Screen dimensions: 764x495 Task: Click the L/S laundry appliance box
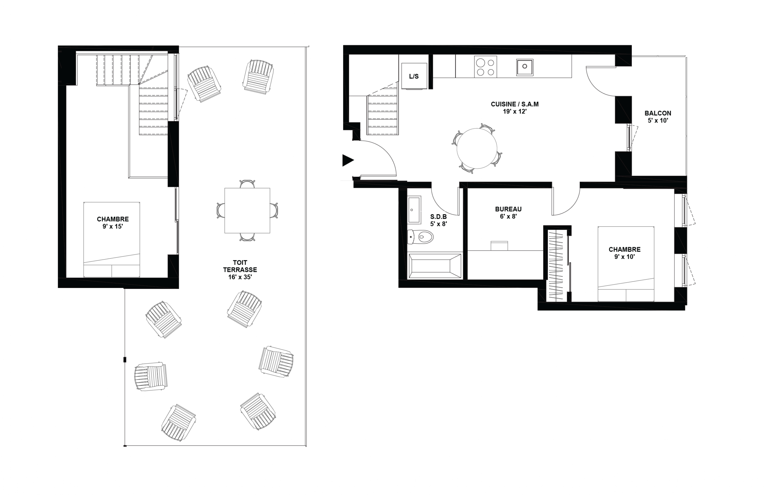coord(414,76)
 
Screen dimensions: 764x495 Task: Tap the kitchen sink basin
coord(525,67)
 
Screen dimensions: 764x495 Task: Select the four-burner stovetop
coord(485,67)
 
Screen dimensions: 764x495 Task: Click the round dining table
coord(477,148)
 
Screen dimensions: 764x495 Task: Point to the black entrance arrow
coord(348,160)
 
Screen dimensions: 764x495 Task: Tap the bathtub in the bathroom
coord(435,266)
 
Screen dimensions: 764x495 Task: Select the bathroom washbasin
coord(414,210)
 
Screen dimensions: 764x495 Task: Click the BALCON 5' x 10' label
coord(658,117)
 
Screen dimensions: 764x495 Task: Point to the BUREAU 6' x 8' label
coord(508,213)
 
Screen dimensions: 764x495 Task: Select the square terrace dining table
coord(247,211)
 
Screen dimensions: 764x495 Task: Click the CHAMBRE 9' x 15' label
coord(113,223)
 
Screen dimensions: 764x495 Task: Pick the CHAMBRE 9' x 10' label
coord(624,253)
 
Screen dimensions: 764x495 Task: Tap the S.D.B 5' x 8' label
coord(439,220)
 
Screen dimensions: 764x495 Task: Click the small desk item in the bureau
coord(499,246)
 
